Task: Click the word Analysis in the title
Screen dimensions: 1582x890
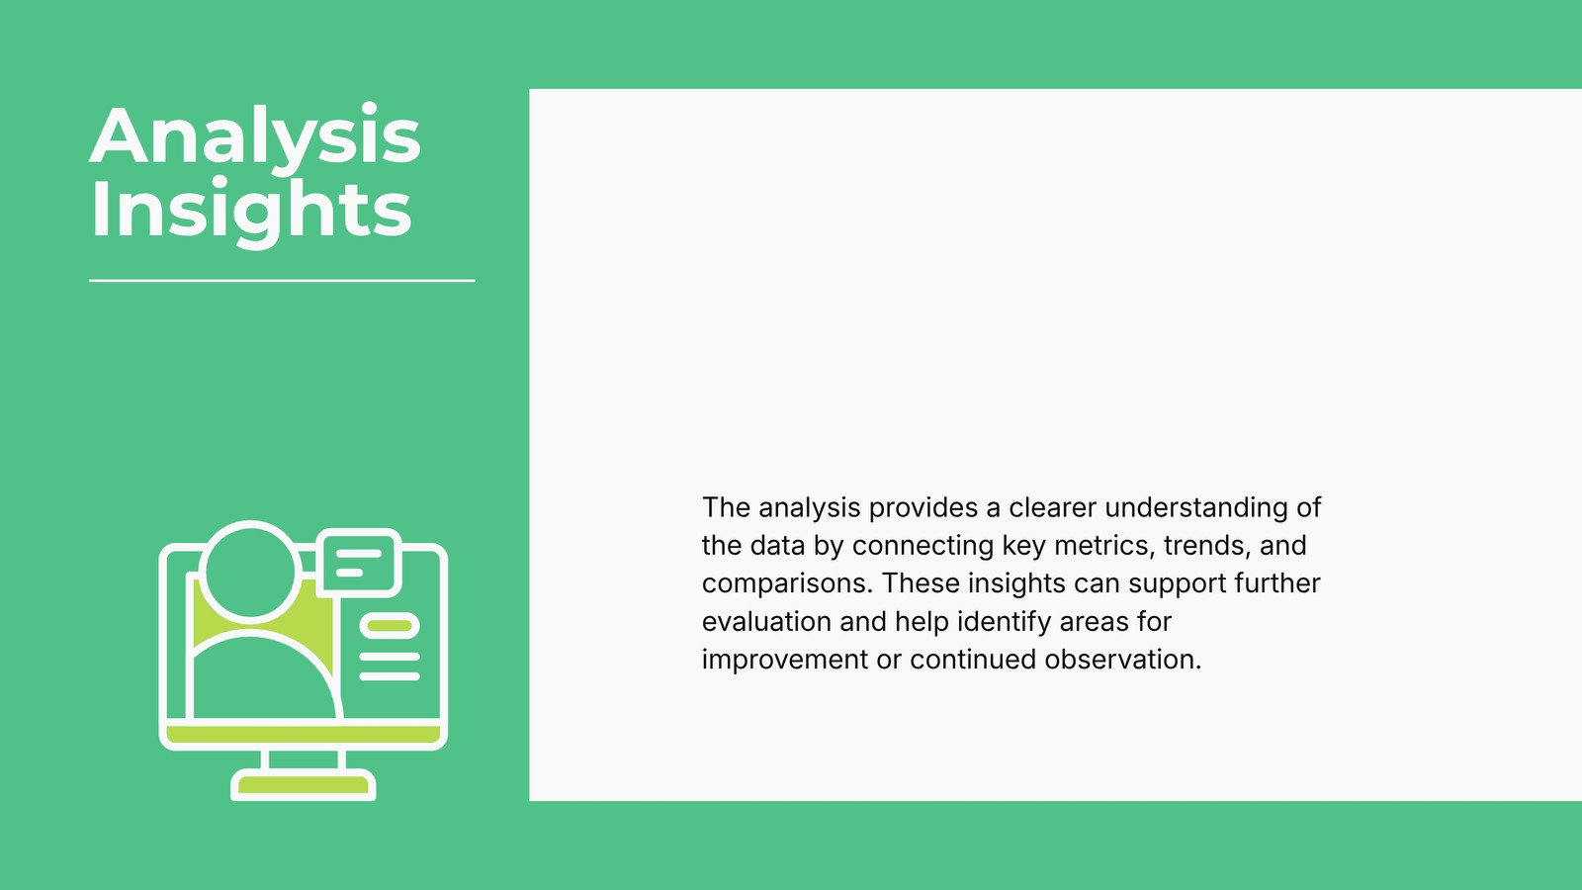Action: [255, 136]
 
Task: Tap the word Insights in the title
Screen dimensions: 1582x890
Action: [251, 210]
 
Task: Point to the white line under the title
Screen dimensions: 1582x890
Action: [282, 281]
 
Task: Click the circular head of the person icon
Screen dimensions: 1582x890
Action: [250, 573]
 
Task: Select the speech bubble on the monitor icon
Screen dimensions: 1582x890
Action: [359, 563]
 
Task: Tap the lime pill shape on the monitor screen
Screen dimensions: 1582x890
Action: [390, 626]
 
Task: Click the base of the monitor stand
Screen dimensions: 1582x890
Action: [303, 785]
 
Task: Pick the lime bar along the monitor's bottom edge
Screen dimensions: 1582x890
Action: [303, 735]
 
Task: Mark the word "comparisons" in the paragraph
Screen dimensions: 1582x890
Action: [787, 583]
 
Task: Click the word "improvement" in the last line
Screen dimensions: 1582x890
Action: [785, 660]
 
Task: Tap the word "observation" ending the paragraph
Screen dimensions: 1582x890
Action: [1123, 660]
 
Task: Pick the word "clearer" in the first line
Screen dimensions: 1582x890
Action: [1052, 508]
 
